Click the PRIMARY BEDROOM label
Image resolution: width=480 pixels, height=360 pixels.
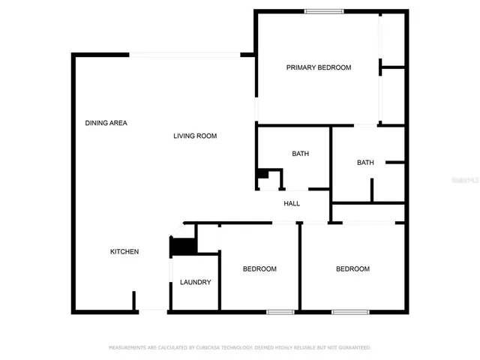coord(319,67)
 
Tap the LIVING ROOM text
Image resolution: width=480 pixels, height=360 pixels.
coord(195,136)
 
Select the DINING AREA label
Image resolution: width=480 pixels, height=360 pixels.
coord(106,122)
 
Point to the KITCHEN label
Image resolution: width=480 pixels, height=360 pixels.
coord(124,251)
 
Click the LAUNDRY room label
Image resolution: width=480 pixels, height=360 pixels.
coord(195,283)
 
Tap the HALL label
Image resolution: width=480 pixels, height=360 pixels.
coord(292,204)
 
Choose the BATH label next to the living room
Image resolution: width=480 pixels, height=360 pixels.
coord(300,154)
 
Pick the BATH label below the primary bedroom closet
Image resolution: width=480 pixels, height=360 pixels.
coord(365,163)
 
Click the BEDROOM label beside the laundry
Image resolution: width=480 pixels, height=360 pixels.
coord(259,269)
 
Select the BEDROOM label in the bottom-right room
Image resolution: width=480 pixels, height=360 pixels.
coord(352,269)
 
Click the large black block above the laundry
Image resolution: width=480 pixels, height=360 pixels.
coord(183,245)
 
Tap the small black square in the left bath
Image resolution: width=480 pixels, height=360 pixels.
coord(262,174)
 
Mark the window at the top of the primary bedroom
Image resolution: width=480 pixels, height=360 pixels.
coord(324,10)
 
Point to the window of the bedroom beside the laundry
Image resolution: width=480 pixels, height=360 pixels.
coord(280,311)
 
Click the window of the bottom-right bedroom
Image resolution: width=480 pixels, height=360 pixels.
coord(351,311)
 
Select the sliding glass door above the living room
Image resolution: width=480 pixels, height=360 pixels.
coord(185,54)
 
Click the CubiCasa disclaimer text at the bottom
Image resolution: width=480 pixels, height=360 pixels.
coord(240,348)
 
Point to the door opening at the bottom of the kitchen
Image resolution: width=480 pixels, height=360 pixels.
coord(153,310)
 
